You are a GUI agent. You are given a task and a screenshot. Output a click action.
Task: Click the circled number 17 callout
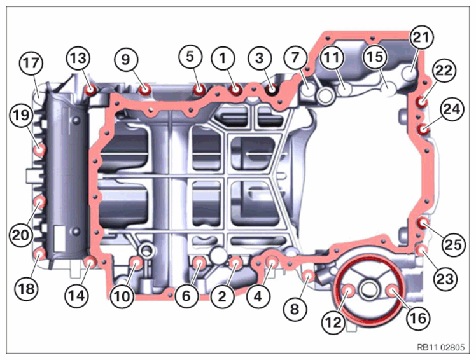point(31,63)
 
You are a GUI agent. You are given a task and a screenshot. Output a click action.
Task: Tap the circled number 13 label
point(79,58)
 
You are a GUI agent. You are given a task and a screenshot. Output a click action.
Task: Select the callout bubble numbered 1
point(223,58)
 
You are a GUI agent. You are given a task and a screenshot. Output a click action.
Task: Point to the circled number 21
point(422,37)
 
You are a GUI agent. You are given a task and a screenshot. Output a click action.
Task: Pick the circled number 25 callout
point(454,245)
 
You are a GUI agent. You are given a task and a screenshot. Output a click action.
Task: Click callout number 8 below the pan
point(295,309)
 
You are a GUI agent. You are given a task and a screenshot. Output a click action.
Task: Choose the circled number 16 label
point(418,319)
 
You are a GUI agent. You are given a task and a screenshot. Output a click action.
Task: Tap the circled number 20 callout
point(21,235)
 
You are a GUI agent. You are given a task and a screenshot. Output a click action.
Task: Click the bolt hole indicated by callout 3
point(271,89)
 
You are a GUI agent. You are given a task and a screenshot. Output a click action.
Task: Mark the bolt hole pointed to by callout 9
point(145,90)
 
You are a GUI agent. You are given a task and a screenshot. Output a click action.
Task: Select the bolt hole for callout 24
point(423,130)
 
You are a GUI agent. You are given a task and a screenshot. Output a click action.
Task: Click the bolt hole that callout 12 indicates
point(348,291)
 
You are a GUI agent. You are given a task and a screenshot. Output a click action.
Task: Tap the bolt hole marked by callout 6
point(199,261)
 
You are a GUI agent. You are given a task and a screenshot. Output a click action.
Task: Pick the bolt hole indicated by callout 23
point(421,251)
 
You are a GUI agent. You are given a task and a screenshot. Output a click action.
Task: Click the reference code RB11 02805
point(440,347)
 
